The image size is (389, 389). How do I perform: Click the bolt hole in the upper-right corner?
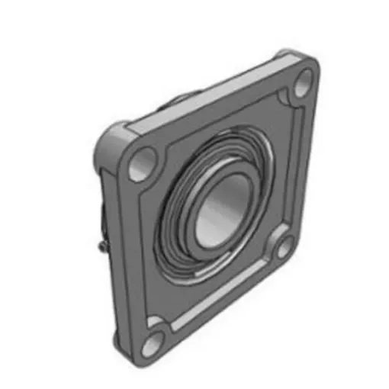point(304,80)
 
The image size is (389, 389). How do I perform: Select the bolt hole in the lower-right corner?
point(284,246)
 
